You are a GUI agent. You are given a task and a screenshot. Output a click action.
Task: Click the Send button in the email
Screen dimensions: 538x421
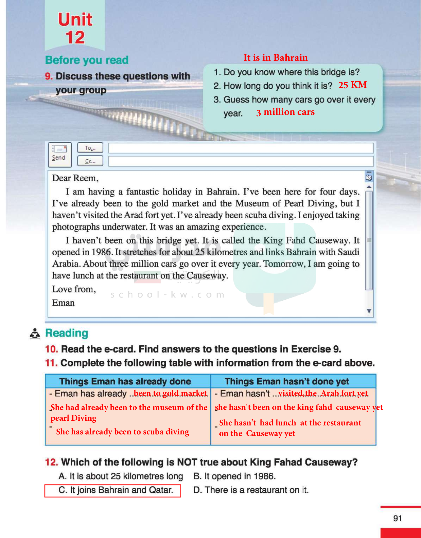tap(59, 154)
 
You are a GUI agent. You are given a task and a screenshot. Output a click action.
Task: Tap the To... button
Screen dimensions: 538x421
tap(90, 148)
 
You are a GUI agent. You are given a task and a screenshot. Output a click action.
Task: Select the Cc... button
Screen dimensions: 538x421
tap(90, 161)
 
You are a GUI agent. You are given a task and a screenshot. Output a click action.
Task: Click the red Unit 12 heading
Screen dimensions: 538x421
tap(75, 28)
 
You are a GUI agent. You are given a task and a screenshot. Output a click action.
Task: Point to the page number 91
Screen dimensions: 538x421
tap(397, 518)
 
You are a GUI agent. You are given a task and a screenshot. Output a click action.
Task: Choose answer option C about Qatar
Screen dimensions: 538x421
tap(115, 490)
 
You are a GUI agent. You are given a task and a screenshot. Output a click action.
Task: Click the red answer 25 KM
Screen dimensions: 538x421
tap(352, 85)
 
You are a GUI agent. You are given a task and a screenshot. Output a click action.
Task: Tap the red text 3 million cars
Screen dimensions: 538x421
tap(285, 112)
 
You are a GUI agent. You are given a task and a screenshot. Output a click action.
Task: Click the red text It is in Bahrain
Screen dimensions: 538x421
tap(275, 58)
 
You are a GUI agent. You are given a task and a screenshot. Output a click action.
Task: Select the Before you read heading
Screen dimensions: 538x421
tap(87, 60)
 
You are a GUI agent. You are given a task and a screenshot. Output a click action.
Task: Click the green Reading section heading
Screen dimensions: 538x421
tap(67, 333)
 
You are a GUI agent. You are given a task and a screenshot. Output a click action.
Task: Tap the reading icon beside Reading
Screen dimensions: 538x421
tap(35, 333)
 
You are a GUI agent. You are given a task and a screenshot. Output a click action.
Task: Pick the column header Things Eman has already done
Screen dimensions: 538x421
tap(125, 381)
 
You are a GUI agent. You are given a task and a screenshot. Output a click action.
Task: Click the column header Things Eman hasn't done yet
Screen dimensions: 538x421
tap(287, 381)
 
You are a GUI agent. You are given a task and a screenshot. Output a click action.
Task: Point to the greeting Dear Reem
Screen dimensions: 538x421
tap(75, 178)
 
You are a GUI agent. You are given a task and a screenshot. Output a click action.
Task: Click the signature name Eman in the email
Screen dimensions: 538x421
tap(63, 303)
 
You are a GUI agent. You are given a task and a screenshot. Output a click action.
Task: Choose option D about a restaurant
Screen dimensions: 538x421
tap(251, 490)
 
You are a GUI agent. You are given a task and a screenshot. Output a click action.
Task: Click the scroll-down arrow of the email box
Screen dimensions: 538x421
tap(369, 311)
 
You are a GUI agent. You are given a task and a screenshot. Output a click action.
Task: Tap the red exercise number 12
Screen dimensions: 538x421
tap(52, 462)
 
